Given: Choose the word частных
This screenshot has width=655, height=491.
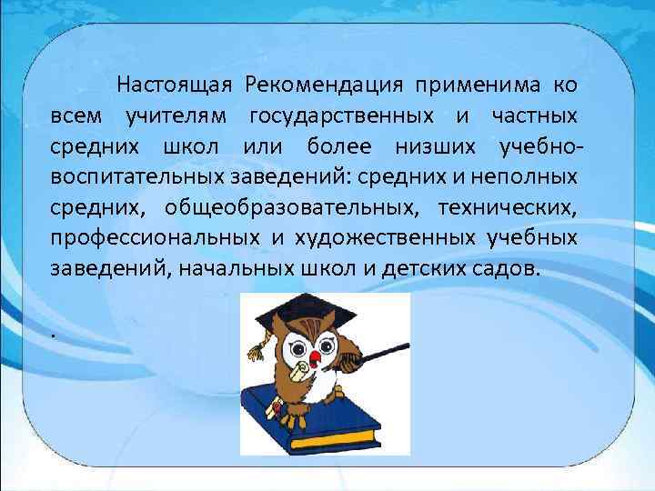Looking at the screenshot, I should click(x=534, y=116).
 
